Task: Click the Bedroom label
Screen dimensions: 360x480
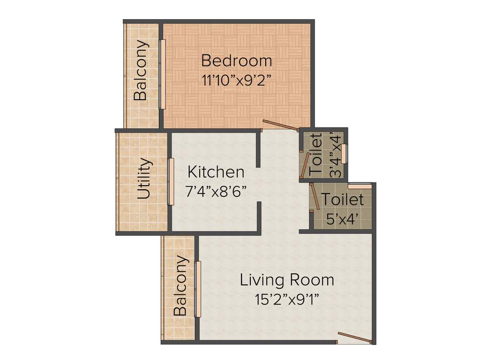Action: [237, 61]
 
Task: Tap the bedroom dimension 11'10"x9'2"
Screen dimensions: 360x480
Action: [237, 80]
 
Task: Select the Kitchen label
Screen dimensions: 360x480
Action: [216, 172]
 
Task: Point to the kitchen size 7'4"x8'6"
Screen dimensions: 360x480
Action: [216, 192]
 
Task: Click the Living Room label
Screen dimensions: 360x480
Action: [287, 280]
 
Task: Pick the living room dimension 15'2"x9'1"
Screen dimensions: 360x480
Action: [287, 300]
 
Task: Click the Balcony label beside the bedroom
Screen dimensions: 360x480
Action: [140, 70]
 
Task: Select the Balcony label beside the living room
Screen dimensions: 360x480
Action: [180, 286]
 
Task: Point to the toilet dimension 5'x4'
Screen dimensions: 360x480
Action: [342, 218]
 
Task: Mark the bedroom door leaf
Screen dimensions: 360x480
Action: [280, 125]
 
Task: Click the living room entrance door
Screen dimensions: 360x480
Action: [355, 338]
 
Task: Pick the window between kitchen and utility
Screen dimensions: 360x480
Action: [171, 181]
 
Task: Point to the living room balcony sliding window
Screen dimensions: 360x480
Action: [198, 289]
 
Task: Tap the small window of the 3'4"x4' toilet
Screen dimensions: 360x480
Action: [345, 154]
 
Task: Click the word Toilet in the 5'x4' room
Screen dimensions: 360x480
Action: [343, 200]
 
